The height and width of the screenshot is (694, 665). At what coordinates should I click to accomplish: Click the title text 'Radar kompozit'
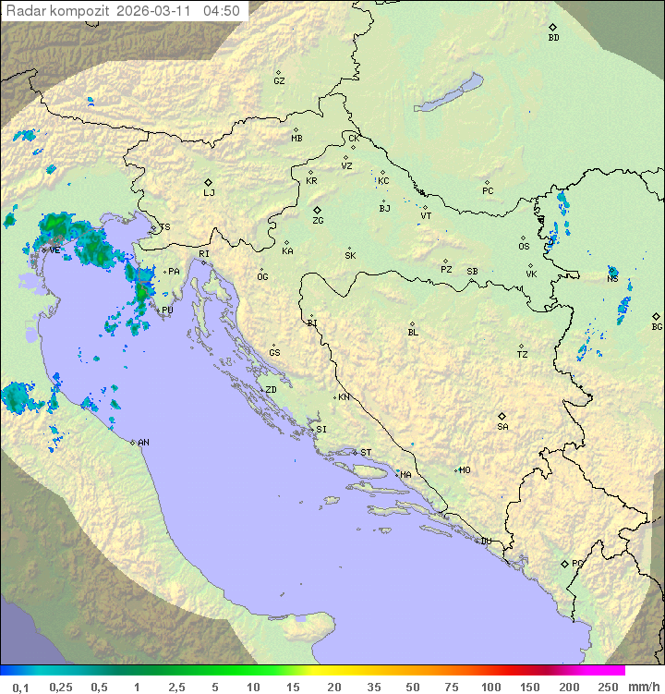coord(57,11)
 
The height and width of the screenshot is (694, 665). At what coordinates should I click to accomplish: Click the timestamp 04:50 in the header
coord(222,11)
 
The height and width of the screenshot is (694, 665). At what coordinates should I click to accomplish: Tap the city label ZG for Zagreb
coord(318,221)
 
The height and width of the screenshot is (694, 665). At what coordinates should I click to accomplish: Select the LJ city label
coord(209,192)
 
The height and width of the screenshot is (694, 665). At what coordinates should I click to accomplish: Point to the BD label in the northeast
coord(553,38)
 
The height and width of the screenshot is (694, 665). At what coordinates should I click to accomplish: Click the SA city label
coord(502,426)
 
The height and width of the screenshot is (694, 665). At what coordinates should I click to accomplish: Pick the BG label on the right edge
coord(657,326)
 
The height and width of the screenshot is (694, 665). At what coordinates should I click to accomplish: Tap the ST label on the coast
coord(366,452)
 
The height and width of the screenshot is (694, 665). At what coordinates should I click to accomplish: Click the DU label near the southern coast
coord(485,541)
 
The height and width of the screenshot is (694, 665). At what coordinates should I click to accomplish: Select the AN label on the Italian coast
coord(143,443)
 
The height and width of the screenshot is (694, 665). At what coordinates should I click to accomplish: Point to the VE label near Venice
coord(54,250)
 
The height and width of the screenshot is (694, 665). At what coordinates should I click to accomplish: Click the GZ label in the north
coord(279,80)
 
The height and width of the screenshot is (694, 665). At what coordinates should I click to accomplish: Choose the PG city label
coord(577,563)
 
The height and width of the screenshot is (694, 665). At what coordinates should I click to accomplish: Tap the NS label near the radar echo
coord(612,279)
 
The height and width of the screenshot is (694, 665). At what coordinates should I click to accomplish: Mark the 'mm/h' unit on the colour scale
coord(643,687)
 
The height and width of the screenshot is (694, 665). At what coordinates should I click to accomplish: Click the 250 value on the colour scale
coord(608,687)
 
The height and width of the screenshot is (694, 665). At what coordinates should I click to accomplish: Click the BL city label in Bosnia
coord(413,332)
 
